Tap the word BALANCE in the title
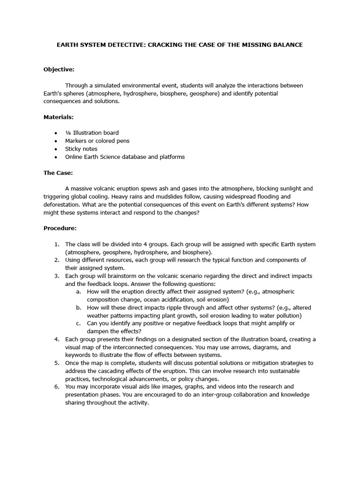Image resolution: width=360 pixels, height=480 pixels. [286, 45]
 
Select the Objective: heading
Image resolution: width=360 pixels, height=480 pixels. [59, 69]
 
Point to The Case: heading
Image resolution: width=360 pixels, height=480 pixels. [58, 172]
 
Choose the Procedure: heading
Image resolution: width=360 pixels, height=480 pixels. [60, 228]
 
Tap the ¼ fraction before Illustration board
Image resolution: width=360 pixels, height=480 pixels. [68, 133]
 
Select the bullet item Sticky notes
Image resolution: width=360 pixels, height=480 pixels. [81, 149]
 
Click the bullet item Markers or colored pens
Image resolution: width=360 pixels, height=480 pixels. [97, 141]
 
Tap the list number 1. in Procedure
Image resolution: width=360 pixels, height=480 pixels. [56, 244]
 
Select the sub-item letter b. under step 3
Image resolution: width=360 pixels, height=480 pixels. [78, 307]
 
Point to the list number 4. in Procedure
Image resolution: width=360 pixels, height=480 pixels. [56, 339]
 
